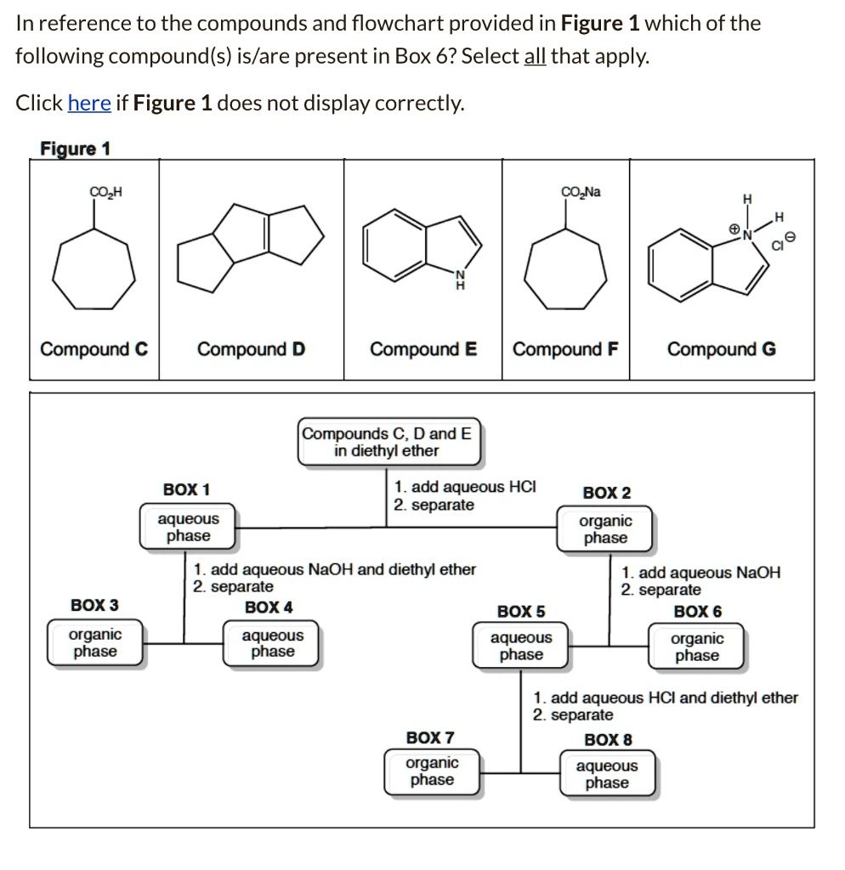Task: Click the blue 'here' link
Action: point(89,104)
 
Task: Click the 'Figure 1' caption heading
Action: point(75,149)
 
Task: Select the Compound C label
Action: point(94,349)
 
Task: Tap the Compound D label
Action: point(251,349)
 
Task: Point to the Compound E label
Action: point(423,349)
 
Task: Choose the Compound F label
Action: point(565,349)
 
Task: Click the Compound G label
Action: point(721,349)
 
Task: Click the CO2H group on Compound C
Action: point(106,193)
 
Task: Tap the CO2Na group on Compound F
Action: point(581,192)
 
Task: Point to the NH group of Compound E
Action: point(461,280)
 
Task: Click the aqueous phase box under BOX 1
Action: point(188,527)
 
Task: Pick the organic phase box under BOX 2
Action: point(605,528)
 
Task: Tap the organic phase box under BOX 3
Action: point(95,643)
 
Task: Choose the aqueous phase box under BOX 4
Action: point(272,643)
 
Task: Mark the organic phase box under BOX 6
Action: point(697,647)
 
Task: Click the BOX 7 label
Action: point(430,737)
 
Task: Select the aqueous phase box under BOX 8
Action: point(607,774)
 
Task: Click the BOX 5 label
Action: point(521,612)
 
